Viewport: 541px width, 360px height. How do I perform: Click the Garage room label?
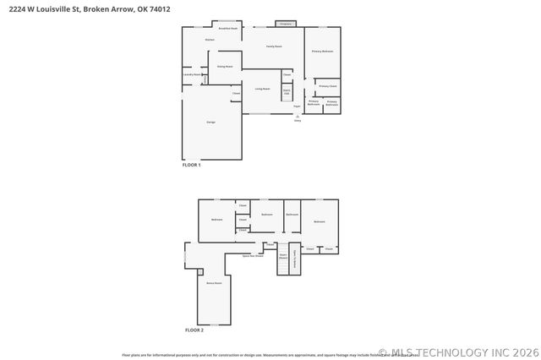pos(210,123)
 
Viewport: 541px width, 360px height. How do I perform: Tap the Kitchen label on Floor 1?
pos(210,40)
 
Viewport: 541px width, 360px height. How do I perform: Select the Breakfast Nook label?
pos(228,28)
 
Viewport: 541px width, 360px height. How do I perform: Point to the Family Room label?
pos(274,46)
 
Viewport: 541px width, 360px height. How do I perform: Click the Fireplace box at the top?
pos(286,24)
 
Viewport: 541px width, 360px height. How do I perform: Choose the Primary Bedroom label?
pos(322,52)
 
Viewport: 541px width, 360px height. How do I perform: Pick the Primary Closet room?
pos(328,86)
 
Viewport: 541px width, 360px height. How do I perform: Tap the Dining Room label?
pos(224,66)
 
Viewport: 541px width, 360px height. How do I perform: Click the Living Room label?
pos(262,89)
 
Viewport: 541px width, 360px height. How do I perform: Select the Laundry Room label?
pos(192,74)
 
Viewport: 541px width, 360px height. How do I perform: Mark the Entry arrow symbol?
pos(298,117)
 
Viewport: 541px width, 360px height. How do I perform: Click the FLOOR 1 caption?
pos(192,165)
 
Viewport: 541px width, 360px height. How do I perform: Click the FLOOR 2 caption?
pos(194,330)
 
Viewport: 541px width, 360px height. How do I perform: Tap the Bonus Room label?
pos(213,283)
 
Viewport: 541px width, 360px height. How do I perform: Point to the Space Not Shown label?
pos(253,255)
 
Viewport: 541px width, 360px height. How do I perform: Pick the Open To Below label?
pos(295,257)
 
